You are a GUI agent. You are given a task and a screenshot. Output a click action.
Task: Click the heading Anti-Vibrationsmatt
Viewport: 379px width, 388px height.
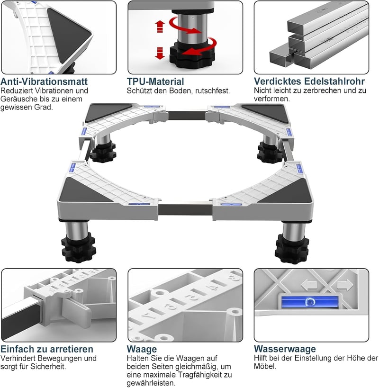point(44,81)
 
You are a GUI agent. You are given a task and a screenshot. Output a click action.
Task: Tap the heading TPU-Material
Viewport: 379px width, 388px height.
point(155,81)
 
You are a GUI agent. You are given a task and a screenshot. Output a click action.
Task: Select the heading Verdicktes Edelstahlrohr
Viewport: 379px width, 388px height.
point(309,81)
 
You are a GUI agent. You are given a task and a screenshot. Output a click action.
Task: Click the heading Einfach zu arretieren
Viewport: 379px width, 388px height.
point(47,349)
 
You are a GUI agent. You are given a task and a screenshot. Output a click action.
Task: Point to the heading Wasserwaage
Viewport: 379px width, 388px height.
point(285,349)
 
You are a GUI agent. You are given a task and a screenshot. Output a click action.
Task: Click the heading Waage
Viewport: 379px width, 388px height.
point(142,349)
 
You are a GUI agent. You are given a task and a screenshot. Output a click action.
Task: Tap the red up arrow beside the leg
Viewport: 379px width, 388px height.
point(160,27)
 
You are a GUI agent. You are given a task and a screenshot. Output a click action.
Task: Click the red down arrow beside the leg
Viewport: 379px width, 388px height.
point(160,53)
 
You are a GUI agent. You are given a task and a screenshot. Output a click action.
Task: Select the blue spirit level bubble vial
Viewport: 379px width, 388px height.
point(310,302)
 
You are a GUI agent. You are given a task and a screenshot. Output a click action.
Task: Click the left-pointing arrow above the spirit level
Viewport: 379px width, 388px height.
point(309,285)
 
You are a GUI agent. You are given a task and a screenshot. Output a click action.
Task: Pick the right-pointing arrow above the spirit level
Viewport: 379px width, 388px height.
point(345,285)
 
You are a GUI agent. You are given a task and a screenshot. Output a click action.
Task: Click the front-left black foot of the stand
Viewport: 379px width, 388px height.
point(78,248)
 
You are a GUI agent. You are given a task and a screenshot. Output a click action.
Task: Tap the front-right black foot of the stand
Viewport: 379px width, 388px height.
point(292,249)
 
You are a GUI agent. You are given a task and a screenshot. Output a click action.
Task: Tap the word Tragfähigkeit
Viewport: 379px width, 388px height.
point(200,375)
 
